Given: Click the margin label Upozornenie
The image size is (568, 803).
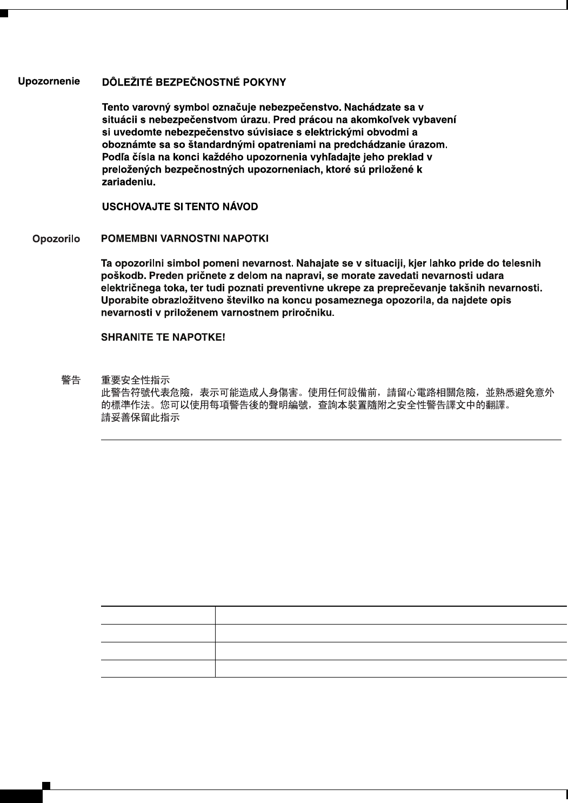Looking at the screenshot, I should tap(49, 82).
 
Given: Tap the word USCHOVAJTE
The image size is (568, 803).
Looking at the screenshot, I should tap(130, 207).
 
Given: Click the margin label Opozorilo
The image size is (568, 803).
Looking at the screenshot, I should tap(56, 238).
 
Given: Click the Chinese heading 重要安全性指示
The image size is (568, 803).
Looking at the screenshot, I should tap(136, 380).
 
